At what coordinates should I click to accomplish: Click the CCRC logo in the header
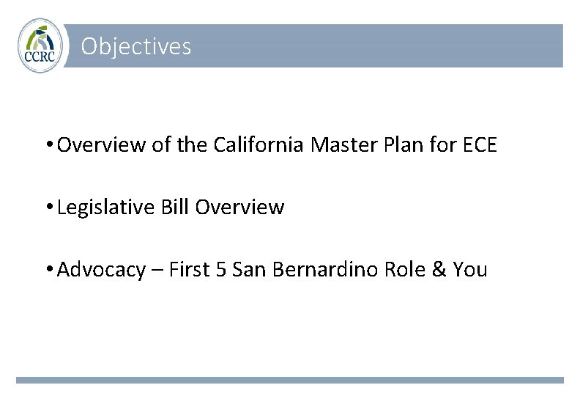(40, 45)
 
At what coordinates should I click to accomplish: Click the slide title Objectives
(136, 47)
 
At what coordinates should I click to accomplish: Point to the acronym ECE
(480, 145)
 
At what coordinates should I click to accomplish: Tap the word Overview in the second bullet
(239, 208)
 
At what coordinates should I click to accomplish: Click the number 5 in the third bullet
(223, 270)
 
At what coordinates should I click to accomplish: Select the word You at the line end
(470, 270)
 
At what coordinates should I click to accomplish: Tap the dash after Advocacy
(157, 271)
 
